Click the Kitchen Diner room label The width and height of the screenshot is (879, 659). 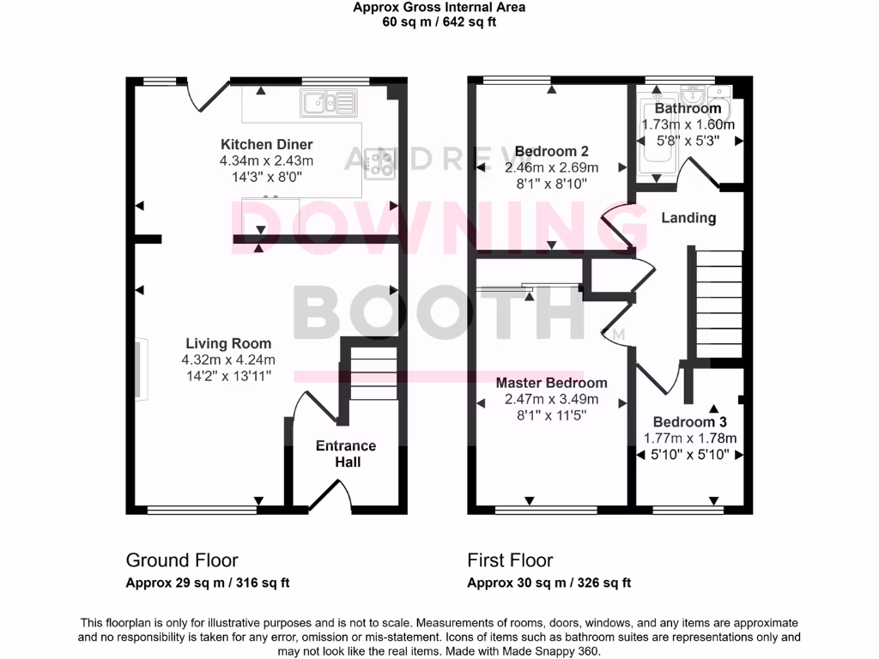click(x=266, y=144)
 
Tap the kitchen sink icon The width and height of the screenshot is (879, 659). click(x=328, y=104)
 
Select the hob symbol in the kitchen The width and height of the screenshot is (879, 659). click(x=379, y=163)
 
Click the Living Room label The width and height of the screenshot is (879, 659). click(x=227, y=343)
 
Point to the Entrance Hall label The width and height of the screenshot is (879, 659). click(x=346, y=454)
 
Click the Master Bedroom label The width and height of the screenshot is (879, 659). click(x=551, y=383)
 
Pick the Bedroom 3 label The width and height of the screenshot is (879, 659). click(x=689, y=422)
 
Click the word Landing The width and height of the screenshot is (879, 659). click(x=688, y=218)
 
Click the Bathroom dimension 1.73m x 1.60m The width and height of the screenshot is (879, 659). click(x=688, y=124)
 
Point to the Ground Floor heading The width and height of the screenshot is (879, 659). click(x=181, y=560)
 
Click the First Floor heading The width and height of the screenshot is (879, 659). click(x=510, y=560)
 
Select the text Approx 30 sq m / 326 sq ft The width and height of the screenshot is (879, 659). click(x=549, y=583)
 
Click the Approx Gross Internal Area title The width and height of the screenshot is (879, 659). click(x=439, y=8)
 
